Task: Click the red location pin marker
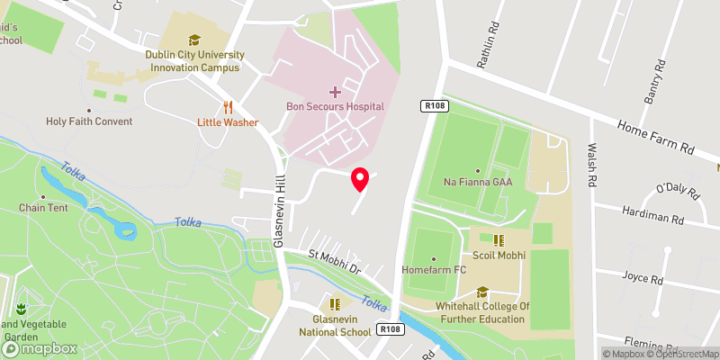click(x=360, y=179)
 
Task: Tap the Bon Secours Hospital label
click(x=335, y=106)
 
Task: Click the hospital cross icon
click(x=335, y=91)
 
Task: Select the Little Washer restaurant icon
click(x=229, y=106)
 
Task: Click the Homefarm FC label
click(x=434, y=269)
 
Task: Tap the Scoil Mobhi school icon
click(x=498, y=240)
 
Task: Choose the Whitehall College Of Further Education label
click(x=482, y=312)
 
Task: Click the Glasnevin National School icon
click(x=336, y=305)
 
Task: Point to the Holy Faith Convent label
click(x=90, y=121)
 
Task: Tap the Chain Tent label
click(x=43, y=207)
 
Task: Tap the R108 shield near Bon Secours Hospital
click(x=432, y=106)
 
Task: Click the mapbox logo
click(x=40, y=348)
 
